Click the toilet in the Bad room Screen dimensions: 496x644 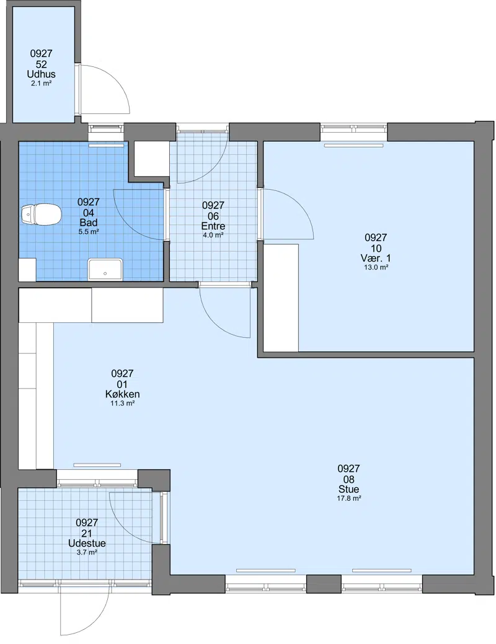click(x=41, y=215)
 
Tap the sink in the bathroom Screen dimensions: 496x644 click(x=105, y=270)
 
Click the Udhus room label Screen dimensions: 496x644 click(x=41, y=74)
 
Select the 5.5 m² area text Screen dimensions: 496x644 click(x=89, y=232)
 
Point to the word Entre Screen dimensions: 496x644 click(x=213, y=226)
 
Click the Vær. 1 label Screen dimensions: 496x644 click(x=376, y=258)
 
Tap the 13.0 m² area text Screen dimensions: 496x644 click(x=376, y=267)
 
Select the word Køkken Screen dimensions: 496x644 click(x=123, y=394)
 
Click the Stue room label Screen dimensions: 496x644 click(x=349, y=489)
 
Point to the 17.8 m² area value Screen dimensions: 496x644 click(x=349, y=498)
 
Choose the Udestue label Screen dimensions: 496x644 click(x=87, y=543)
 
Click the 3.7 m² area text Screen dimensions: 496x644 click(x=87, y=552)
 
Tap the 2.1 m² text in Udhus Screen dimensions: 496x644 click(x=41, y=84)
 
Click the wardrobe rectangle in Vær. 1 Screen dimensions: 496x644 click(x=281, y=298)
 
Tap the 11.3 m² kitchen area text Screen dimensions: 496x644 click(x=123, y=404)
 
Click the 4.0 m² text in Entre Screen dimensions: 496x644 click(x=213, y=236)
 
